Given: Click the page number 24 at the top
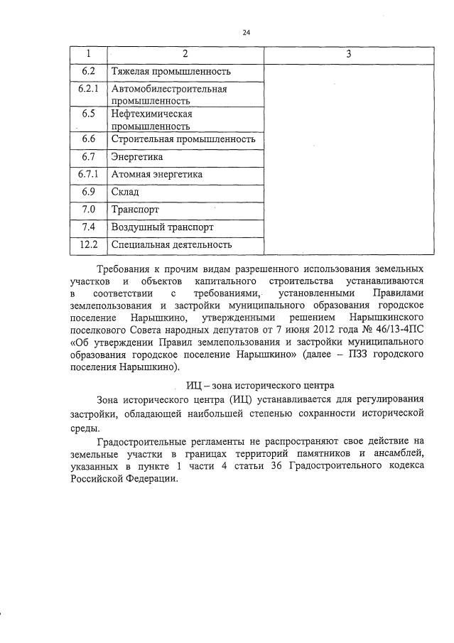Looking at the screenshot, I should [x=247, y=32].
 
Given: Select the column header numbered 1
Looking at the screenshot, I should [x=88, y=54].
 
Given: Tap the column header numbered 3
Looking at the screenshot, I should [x=349, y=54].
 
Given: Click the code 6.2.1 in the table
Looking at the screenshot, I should [x=88, y=90].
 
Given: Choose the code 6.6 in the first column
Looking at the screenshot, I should [x=88, y=139].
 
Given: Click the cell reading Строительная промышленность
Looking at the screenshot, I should [x=183, y=139].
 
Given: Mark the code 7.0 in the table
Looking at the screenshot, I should [x=88, y=210].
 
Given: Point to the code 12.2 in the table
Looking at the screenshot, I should [x=88, y=245].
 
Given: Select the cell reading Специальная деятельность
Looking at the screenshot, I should [x=172, y=245].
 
